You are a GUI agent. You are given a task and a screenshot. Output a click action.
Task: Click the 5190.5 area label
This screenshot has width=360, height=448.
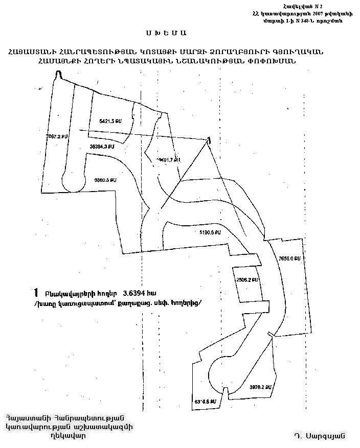(x=210, y=232)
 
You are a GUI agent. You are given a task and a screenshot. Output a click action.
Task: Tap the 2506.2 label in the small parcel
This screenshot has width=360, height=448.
(x=246, y=280)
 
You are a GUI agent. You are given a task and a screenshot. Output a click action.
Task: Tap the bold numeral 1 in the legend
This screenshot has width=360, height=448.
(x=35, y=292)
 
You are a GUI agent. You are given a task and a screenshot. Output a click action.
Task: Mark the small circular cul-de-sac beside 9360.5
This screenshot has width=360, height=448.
(x=71, y=181)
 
